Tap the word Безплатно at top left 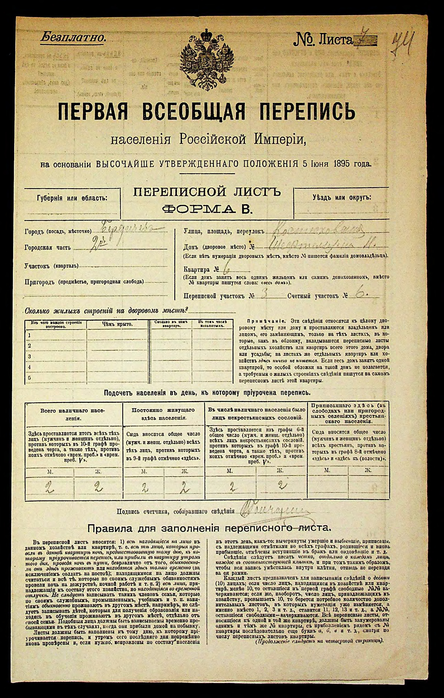click(73, 37)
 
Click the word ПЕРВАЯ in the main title click(93, 112)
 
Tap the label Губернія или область click(72, 198)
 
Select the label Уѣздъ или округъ click(341, 198)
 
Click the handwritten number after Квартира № click(226, 269)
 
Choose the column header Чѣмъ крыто click(117, 324)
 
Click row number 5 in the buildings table click(29, 378)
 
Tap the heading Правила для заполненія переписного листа click(209, 528)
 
